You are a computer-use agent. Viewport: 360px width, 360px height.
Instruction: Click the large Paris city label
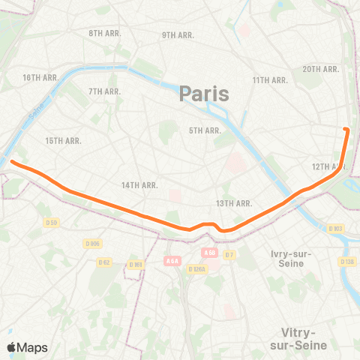click(204, 94)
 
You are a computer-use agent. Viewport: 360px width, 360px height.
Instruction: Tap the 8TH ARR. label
click(105, 34)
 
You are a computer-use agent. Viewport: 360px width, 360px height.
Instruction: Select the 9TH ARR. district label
click(178, 35)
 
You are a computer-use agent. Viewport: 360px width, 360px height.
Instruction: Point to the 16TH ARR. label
click(40, 78)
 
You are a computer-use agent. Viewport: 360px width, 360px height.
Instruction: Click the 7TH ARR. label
click(105, 91)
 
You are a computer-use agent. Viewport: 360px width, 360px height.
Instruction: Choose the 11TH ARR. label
click(270, 80)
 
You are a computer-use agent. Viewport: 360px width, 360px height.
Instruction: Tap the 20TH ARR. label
click(322, 69)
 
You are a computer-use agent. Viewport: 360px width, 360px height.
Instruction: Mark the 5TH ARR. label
click(205, 130)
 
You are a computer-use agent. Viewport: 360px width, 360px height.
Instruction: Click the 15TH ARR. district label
click(63, 141)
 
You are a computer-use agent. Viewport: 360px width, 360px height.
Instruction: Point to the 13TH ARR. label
click(233, 203)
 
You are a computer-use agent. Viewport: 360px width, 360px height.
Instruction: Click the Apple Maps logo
click(27, 347)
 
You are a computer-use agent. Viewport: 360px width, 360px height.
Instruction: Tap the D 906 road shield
click(92, 244)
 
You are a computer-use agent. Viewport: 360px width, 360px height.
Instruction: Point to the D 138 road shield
click(346, 261)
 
